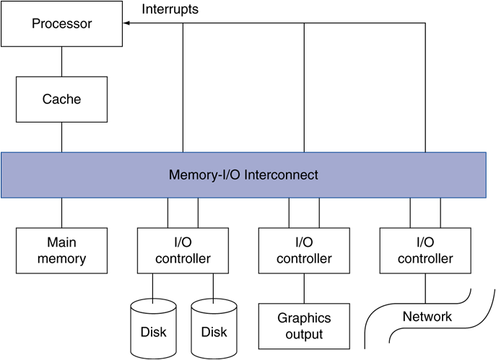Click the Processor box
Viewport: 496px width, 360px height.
[61, 24]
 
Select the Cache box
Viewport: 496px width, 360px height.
[61, 100]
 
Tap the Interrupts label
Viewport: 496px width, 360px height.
[170, 9]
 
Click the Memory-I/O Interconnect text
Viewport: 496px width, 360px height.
[243, 175]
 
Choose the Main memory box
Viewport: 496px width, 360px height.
[61, 250]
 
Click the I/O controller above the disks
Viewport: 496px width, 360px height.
[183, 250]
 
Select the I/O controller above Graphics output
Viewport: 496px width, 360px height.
[304, 250]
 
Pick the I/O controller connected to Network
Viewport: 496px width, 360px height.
[425, 250]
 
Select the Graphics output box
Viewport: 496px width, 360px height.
[304, 326]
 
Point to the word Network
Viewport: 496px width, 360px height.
[427, 317]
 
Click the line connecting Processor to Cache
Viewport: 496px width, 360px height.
[61, 61]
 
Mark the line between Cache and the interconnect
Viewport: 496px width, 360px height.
[61, 136]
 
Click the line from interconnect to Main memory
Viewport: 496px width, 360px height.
[61, 214]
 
